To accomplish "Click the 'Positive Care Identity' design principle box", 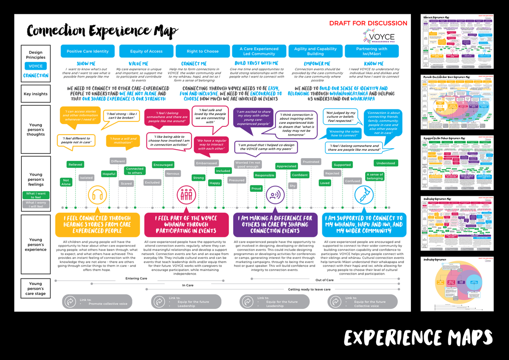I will click(x=88, y=51).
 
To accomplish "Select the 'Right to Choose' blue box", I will click(x=203, y=51).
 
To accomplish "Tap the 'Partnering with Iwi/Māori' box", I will click(x=371, y=51).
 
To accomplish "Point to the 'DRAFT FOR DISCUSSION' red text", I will click(x=368, y=23).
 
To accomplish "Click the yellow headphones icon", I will click(x=97, y=196).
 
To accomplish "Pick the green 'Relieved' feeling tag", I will click(x=75, y=165).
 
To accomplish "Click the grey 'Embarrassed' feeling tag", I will click(x=206, y=163).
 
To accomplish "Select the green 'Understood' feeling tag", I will click(x=386, y=163).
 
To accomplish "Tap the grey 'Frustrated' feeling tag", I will click(x=311, y=162).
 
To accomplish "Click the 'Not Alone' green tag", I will click(x=66, y=182).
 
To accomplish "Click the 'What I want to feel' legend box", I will click(x=36, y=195).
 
